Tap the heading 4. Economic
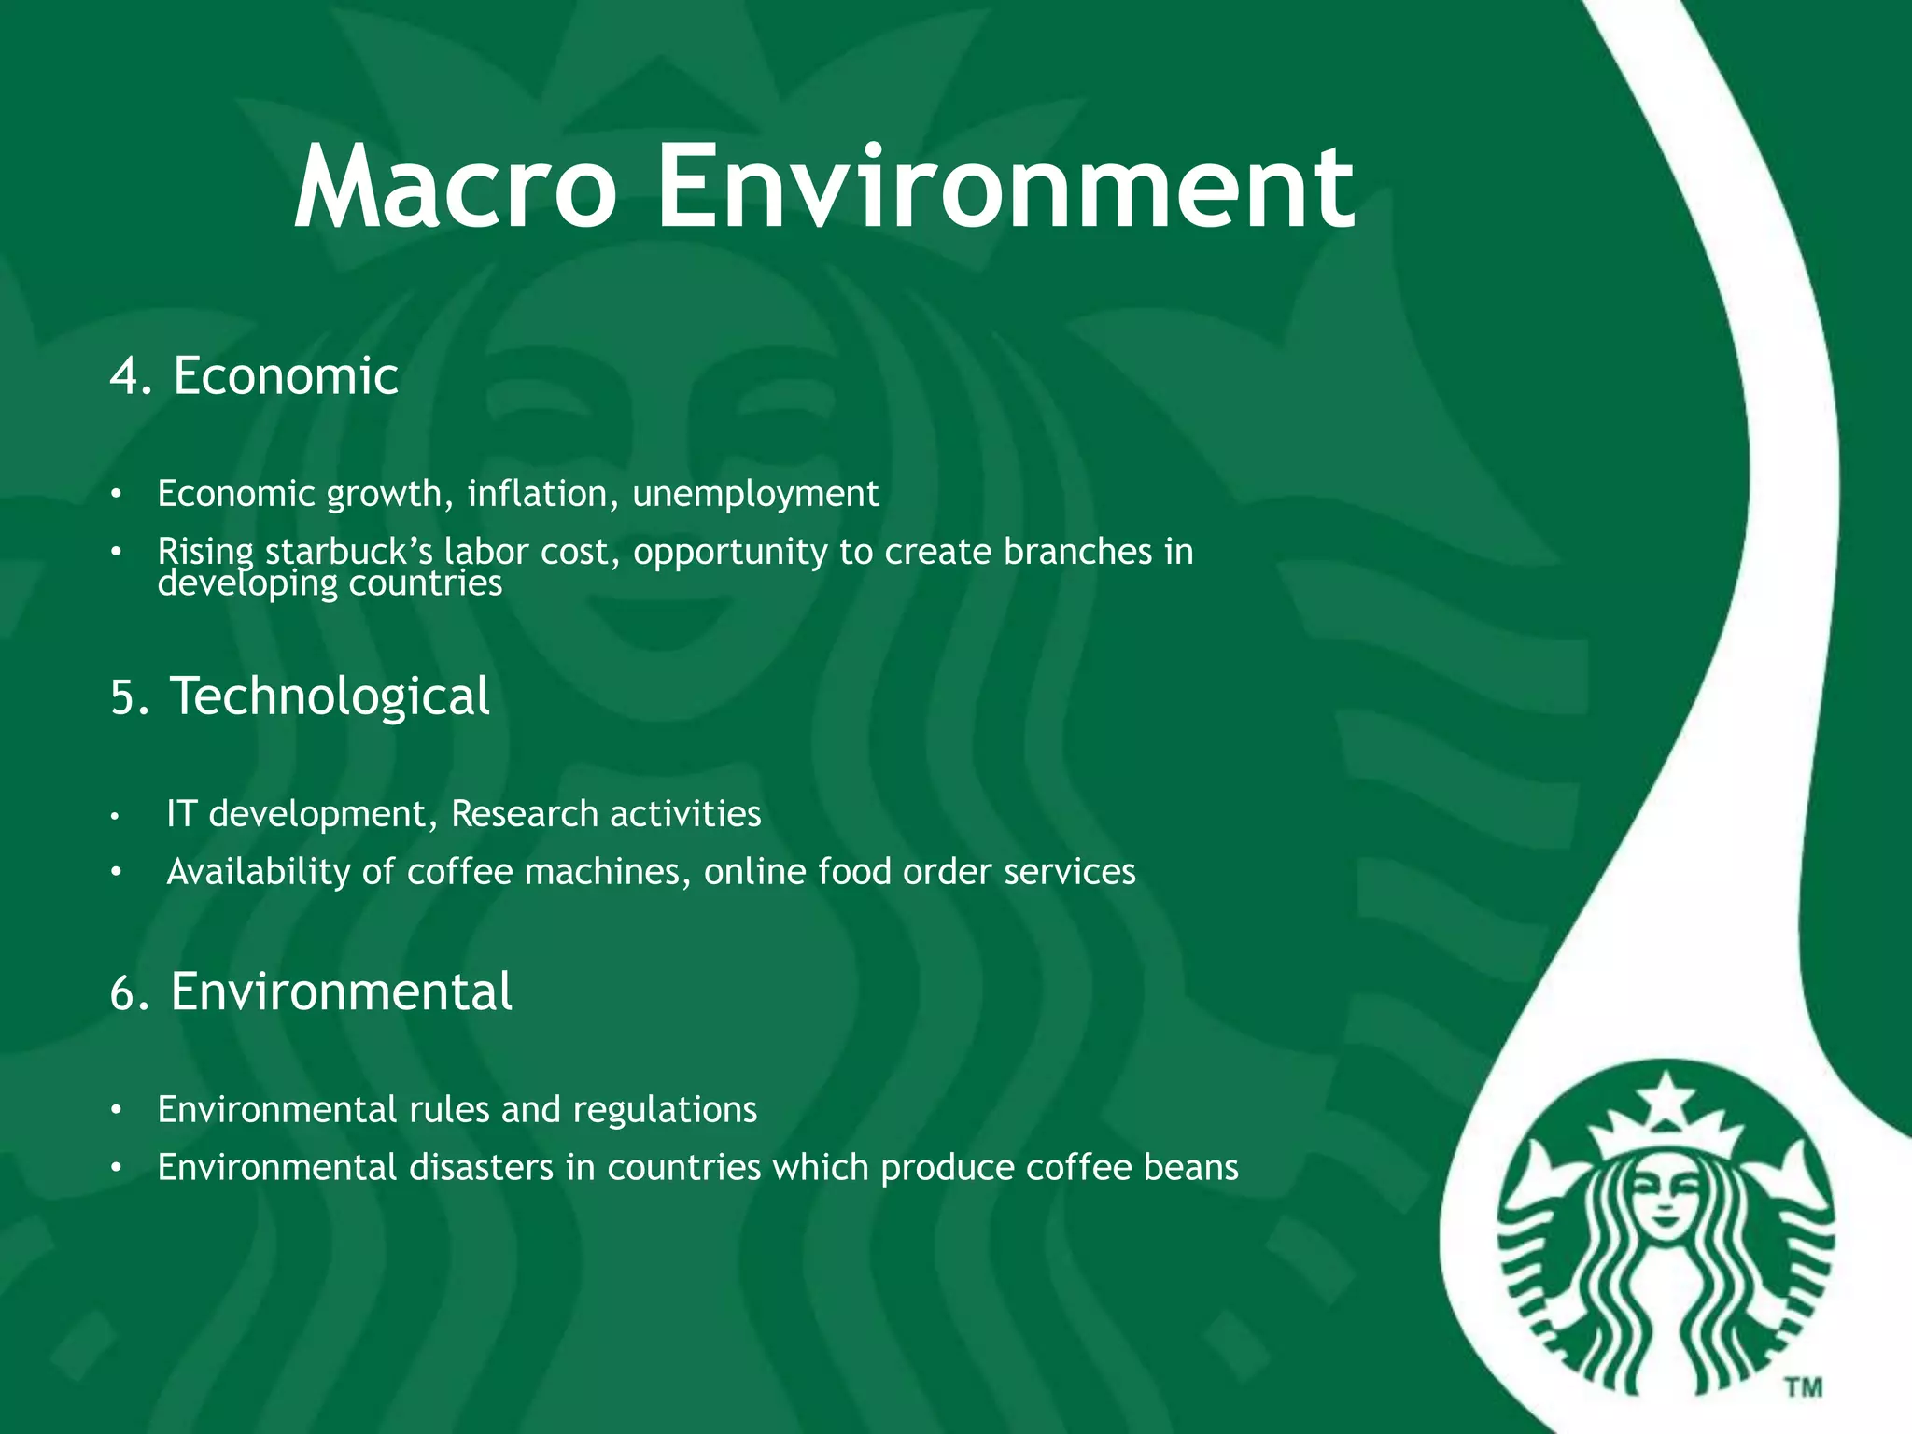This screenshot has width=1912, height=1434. [x=254, y=376]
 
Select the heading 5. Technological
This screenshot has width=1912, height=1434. [x=300, y=696]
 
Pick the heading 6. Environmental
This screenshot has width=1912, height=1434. [x=311, y=991]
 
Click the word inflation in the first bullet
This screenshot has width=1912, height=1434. [x=542, y=493]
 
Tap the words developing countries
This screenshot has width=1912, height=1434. [x=330, y=583]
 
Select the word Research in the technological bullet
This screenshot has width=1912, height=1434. [x=512, y=814]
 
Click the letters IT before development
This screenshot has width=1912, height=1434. [x=181, y=814]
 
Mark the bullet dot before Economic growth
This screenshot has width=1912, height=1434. [x=116, y=494]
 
